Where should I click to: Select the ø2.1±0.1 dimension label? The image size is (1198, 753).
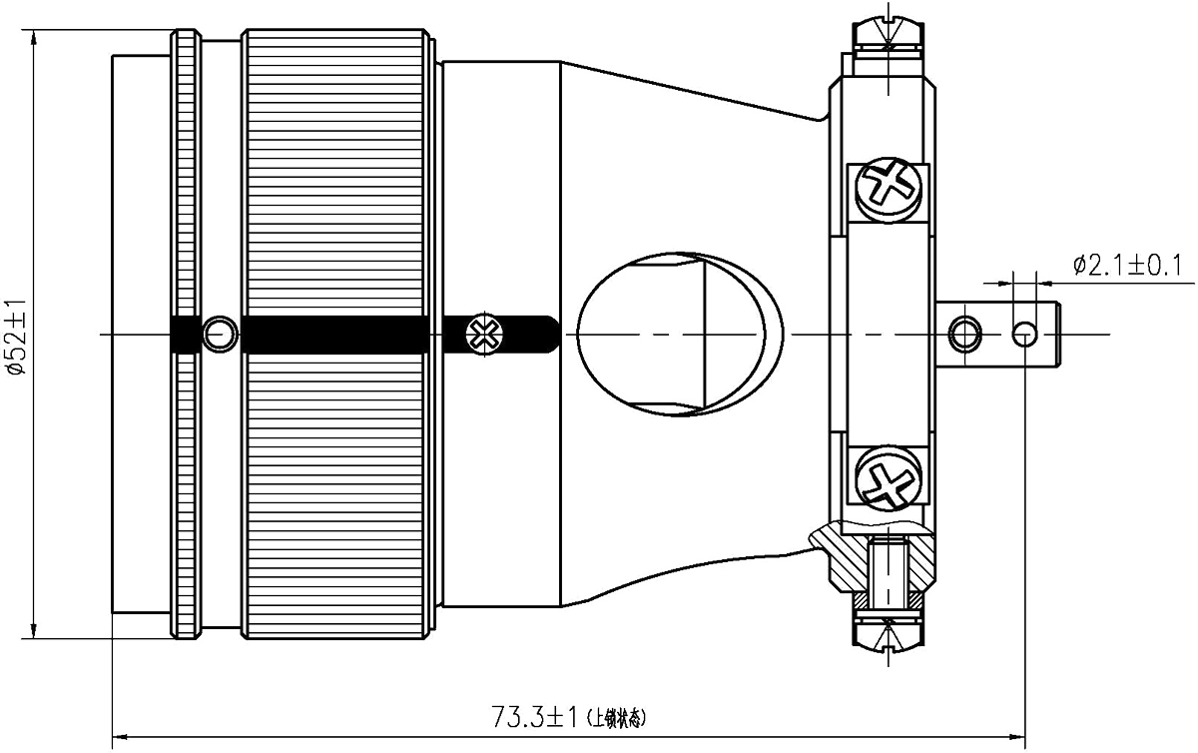tap(1127, 266)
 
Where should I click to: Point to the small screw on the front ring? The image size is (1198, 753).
tap(220, 333)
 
